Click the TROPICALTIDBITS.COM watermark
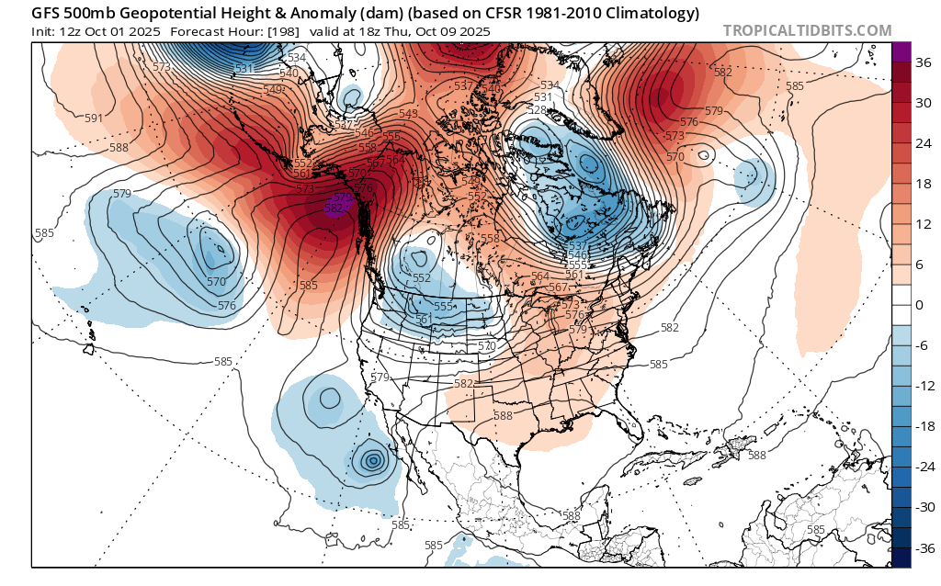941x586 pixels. point(807,30)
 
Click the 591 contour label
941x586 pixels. point(94,118)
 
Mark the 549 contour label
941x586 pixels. point(274,89)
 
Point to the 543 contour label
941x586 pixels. point(409,114)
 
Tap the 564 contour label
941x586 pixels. point(540,276)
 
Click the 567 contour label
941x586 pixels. point(558,287)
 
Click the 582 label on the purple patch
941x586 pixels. point(335,208)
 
